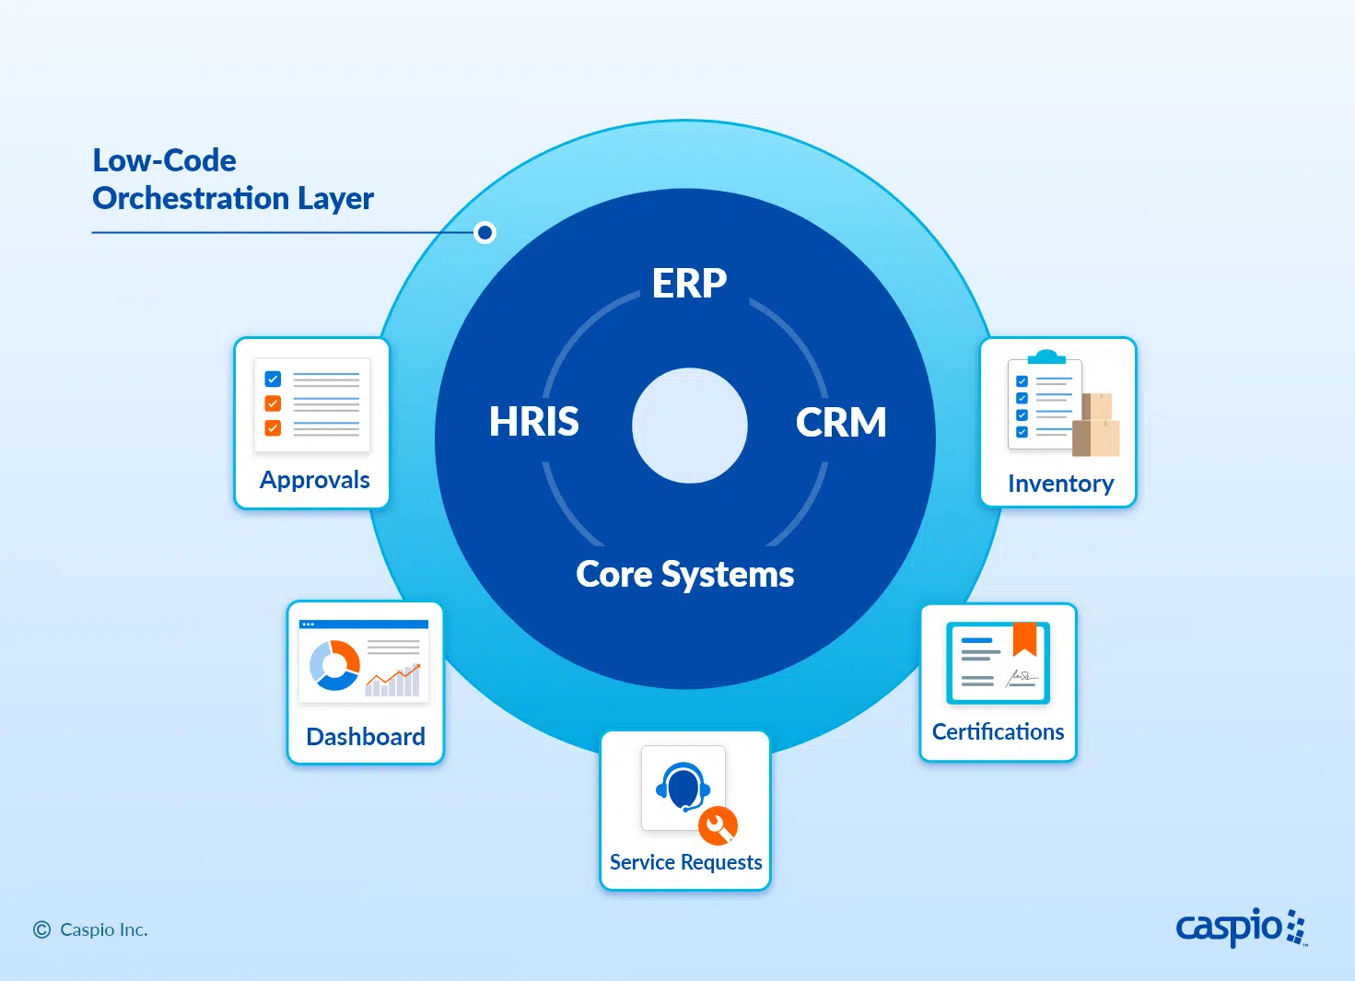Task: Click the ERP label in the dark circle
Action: (689, 283)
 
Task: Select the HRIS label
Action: (533, 422)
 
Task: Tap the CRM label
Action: (840, 423)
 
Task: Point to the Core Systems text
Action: (684, 574)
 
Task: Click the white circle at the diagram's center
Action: (689, 426)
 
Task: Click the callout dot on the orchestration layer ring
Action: (485, 232)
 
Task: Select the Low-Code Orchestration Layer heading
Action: (232, 179)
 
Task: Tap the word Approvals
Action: (314, 480)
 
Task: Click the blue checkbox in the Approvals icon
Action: (273, 379)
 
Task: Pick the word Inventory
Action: (1060, 484)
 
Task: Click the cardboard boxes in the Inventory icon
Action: (1097, 426)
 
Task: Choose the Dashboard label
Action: (366, 737)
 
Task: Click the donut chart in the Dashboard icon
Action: (333, 664)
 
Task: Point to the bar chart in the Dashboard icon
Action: (393, 681)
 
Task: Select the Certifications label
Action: (998, 731)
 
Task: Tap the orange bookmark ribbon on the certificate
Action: (1024, 638)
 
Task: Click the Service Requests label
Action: (685, 862)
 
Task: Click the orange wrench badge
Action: (718, 825)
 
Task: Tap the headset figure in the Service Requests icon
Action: (683, 787)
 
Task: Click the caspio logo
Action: (1240, 927)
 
